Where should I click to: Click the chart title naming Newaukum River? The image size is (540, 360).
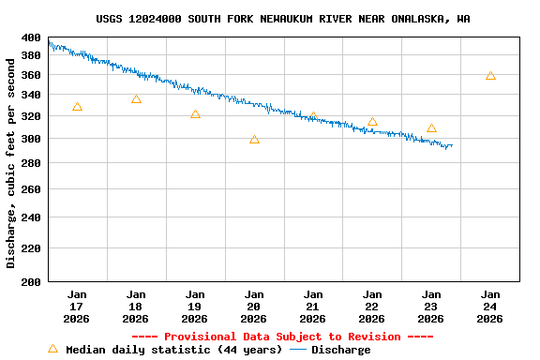pyautogui.click(x=283, y=19)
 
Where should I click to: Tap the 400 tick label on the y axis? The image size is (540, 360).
pyautogui.click(x=31, y=37)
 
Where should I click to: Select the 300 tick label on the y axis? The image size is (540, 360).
pyautogui.click(x=31, y=139)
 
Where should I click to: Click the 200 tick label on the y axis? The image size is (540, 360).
pyautogui.click(x=31, y=281)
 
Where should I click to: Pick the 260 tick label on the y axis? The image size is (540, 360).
pyautogui.click(x=31, y=189)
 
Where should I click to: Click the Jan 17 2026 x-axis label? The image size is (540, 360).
pyautogui.click(x=77, y=306)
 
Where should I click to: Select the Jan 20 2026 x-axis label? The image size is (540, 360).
pyautogui.click(x=254, y=306)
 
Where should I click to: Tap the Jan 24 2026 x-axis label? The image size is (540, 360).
pyautogui.click(x=490, y=306)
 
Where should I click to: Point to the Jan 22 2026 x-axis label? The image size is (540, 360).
pyautogui.click(x=372, y=306)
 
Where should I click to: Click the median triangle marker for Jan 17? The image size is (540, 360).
pyautogui.click(x=77, y=107)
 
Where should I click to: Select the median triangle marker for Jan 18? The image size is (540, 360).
pyautogui.click(x=136, y=98)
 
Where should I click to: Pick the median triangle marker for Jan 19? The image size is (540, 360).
pyautogui.click(x=195, y=114)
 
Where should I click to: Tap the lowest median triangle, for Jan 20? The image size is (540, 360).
pyautogui.click(x=254, y=140)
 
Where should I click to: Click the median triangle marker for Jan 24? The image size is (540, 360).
pyautogui.click(x=490, y=76)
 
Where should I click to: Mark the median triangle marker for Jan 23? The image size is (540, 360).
pyautogui.click(x=431, y=128)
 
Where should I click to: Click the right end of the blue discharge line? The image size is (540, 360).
pyautogui.click(x=452, y=145)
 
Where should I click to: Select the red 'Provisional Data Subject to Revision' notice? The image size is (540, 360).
pyautogui.click(x=282, y=337)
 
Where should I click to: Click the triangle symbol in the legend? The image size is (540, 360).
pyautogui.click(x=52, y=350)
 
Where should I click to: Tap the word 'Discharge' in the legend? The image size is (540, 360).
pyautogui.click(x=340, y=350)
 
